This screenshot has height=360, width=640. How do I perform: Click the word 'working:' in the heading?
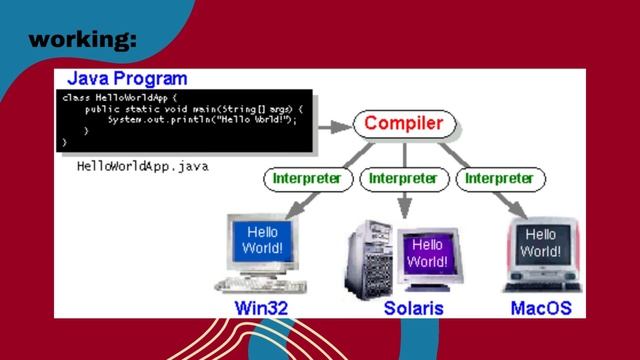(x=83, y=41)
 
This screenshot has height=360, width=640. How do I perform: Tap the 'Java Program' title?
(x=126, y=78)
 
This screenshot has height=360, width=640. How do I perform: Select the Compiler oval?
(x=404, y=124)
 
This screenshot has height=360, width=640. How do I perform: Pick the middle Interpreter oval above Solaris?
(x=404, y=179)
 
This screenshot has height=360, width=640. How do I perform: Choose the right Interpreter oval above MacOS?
(x=500, y=179)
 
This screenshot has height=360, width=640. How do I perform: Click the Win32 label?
(x=261, y=308)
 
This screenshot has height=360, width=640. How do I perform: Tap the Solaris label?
(x=413, y=308)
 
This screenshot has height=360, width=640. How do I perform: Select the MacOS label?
(x=541, y=308)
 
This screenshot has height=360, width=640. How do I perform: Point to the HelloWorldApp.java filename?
(x=142, y=167)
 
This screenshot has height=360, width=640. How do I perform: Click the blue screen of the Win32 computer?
(x=265, y=240)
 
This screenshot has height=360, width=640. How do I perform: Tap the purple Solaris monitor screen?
(x=427, y=252)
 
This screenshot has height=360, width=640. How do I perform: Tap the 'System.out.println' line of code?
(x=190, y=120)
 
